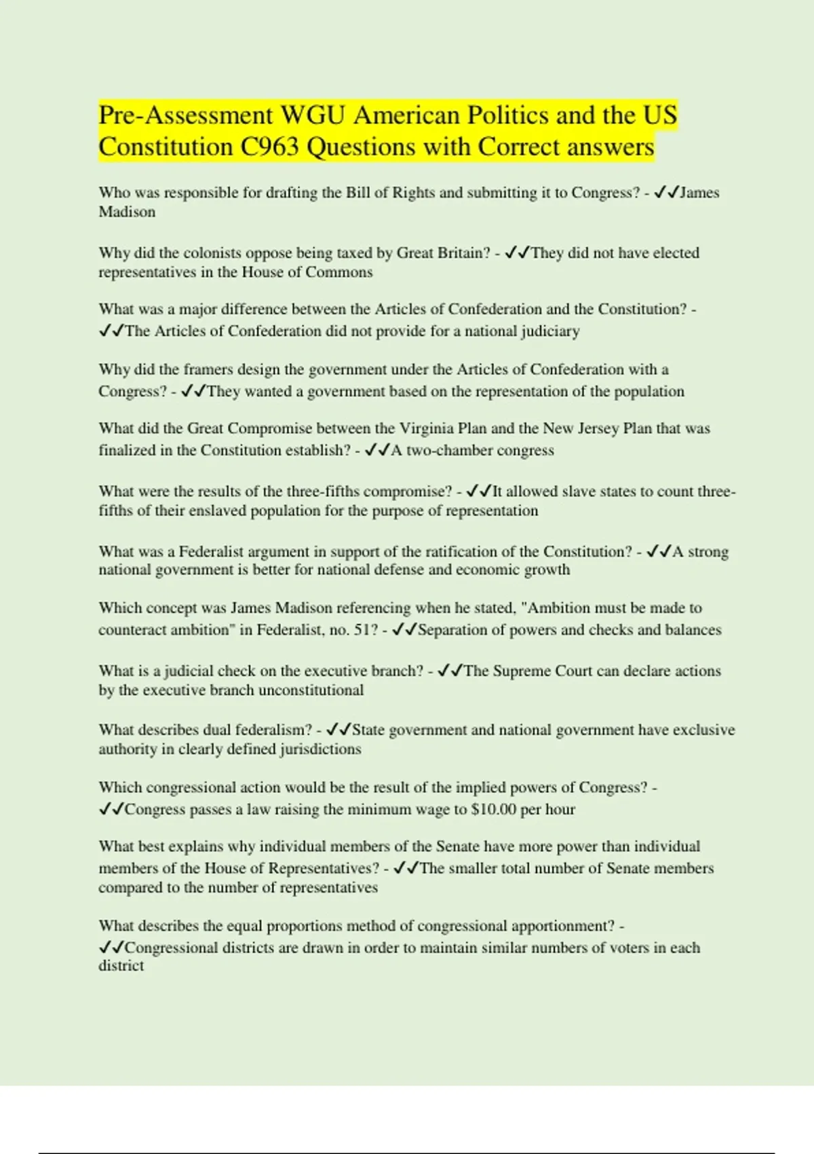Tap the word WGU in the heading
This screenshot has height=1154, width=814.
(x=313, y=115)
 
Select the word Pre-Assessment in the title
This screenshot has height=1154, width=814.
(x=185, y=115)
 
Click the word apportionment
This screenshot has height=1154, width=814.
(x=562, y=926)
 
